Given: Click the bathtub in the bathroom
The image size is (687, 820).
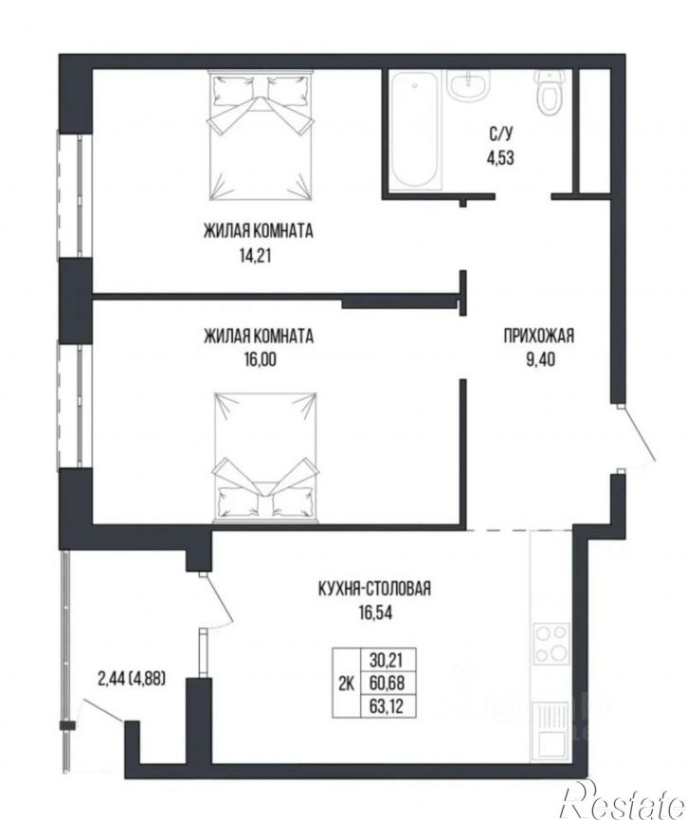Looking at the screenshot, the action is [415, 129].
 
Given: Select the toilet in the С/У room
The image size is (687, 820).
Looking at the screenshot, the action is [548, 93].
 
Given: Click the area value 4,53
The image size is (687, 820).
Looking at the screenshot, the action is [500, 157].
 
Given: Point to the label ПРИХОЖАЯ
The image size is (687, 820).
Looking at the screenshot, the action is [539, 336].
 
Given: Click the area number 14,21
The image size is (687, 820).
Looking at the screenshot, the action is [256, 256].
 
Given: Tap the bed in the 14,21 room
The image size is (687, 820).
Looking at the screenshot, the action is [261, 135].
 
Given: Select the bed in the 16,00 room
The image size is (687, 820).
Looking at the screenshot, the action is [265, 457].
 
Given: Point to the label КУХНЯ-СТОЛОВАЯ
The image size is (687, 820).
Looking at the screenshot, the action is [374, 589].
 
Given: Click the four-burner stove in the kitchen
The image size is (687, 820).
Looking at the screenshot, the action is [551, 644].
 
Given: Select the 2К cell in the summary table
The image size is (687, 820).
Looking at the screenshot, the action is [346, 683].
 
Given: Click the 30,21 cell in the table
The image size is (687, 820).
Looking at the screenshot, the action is [388, 660].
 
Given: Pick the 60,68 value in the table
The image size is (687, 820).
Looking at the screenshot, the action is [388, 683].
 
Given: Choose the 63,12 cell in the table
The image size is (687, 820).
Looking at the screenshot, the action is [388, 706].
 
